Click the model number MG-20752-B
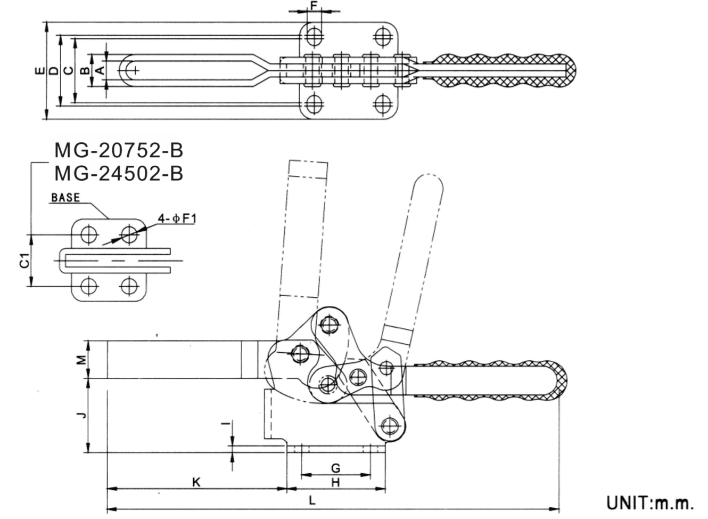(x=119, y=151)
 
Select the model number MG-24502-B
(x=119, y=173)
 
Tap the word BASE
(x=65, y=198)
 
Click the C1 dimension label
(x=24, y=261)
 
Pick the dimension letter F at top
(x=314, y=5)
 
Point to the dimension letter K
(x=196, y=482)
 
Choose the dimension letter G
(x=335, y=468)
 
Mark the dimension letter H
(x=335, y=482)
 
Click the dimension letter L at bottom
(x=313, y=500)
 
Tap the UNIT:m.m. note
(x=650, y=502)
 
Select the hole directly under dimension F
(x=314, y=37)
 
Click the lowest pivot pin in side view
(x=391, y=425)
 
